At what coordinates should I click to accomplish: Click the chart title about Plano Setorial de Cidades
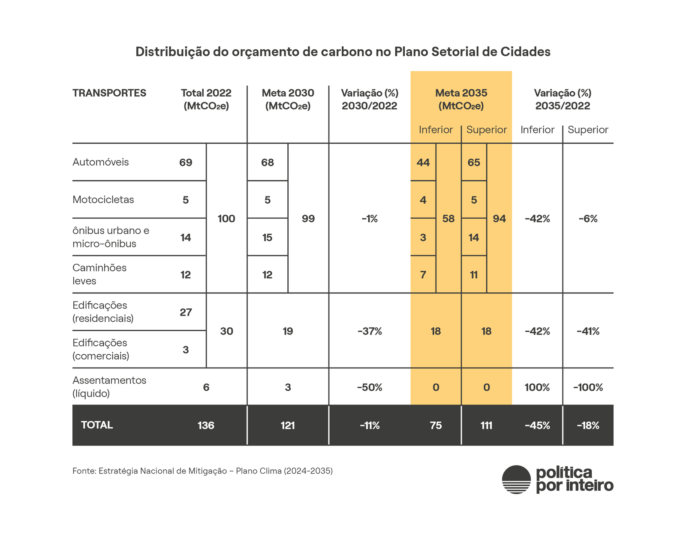point(343,52)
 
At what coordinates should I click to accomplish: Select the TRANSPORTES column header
point(109,93)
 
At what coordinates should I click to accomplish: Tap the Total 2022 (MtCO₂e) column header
point(206,100)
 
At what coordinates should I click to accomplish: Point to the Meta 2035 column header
point(461,100)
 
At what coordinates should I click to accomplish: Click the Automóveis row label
point(101,162)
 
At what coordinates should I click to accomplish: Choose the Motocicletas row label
point(103,199)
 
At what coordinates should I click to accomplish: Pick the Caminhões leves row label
point(99,274)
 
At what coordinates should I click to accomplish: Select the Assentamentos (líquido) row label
point(109,386)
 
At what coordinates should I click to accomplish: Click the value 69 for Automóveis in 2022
point(186,163)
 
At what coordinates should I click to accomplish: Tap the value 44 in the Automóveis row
point(423,163)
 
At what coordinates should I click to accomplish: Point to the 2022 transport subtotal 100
point(226,219)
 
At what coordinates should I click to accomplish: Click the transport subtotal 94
point(499,219)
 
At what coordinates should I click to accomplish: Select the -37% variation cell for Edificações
point(370,331)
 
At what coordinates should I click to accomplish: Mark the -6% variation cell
point(588,219)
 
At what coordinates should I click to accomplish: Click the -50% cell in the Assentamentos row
point(370,388)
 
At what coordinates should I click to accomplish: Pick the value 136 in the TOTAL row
point(206,425)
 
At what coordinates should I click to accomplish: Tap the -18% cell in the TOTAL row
point(588,425)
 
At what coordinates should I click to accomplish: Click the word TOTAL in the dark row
point(97,425)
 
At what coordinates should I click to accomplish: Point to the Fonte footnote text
point(202,471)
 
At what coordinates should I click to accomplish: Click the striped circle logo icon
point(516,480)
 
